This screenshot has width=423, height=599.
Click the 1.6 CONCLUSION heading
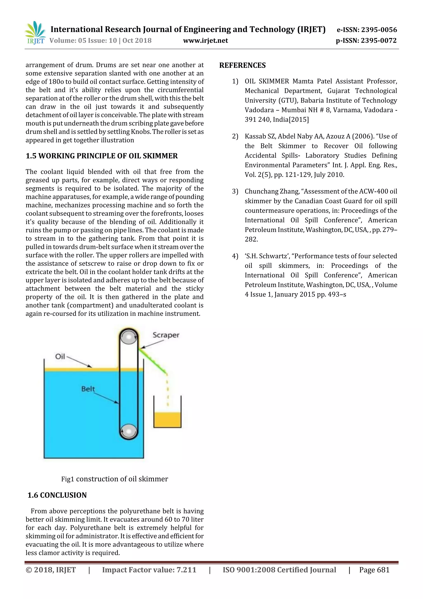(57, 495)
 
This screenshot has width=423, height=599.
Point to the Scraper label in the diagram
(166, 335)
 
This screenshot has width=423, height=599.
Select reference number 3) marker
(235, 191)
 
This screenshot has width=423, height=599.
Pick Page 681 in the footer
(374, 570)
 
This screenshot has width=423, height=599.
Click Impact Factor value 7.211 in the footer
(149, 570)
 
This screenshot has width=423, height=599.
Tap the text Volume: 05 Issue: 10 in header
(83, 41)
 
